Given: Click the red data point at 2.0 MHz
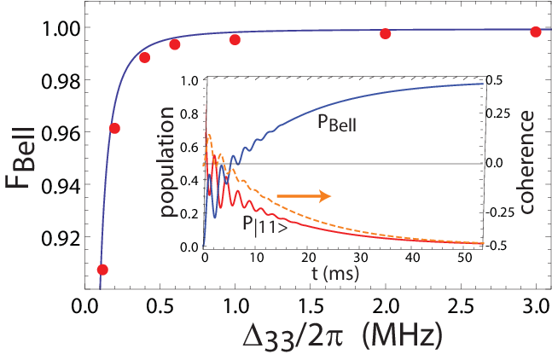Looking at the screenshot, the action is [385, 34].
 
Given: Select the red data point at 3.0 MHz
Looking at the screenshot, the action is [536, 32].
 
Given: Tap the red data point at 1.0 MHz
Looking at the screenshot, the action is [235, 40].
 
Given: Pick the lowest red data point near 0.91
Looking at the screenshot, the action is [102, 270].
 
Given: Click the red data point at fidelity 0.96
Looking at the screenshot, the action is [114, 129].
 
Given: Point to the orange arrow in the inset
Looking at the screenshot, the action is [305, 196].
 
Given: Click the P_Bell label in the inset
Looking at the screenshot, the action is [337, 123].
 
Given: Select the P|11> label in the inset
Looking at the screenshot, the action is [264, 225].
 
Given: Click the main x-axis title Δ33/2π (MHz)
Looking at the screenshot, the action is [342, 337].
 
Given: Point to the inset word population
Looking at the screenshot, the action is [167, 161].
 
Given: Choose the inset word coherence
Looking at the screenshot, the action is [526, 162].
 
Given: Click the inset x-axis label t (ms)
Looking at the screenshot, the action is [335, 273].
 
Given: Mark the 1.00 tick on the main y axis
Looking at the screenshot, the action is [61, 29].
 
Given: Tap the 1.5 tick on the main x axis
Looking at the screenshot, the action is [311, 306].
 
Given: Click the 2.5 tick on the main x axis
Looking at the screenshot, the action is [461, 306].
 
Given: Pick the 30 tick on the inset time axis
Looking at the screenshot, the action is [361, 258].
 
